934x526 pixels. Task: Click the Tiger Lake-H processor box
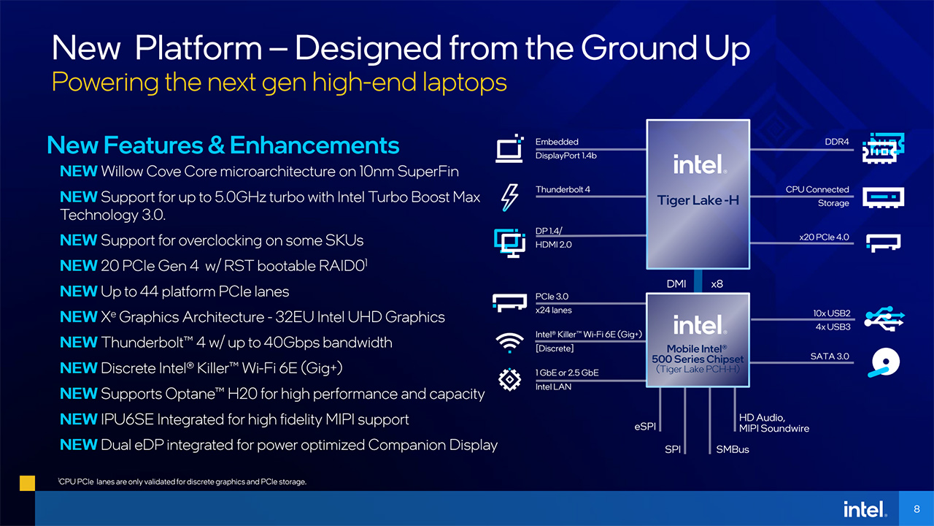point(698,194)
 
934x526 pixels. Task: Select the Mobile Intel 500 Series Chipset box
point(698,340)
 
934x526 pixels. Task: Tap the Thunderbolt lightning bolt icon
point(509,197)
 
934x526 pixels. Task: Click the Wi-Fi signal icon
point(509,343)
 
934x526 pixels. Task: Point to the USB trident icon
point(884,319)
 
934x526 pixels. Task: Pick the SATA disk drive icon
point(884,362)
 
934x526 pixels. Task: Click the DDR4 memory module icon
point(883,148)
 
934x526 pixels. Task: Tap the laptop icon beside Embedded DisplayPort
point(509,148)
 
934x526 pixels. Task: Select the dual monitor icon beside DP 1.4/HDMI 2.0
point(509,243)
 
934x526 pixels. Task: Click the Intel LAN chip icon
point(509,379)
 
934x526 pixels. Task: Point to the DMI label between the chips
point(676,284)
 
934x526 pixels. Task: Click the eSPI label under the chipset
point(645,426)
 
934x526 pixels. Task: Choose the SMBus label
point(733,449)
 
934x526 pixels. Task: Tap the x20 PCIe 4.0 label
point(824,237)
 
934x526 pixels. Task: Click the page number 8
point(916,508)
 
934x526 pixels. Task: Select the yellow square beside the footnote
point(28,483)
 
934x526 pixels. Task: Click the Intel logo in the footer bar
point(865,509)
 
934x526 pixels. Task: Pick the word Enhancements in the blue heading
point(314,145)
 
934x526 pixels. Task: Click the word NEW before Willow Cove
point(78,171)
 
